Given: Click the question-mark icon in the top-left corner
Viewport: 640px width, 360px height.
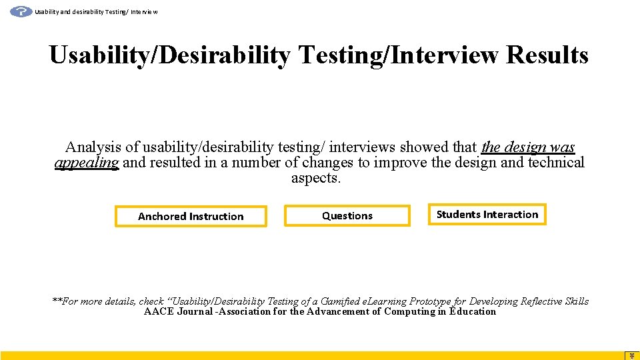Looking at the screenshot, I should click(21, 11).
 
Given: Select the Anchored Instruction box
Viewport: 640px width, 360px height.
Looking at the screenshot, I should click(191, 217).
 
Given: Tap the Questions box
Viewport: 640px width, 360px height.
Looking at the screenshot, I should click(347, 216).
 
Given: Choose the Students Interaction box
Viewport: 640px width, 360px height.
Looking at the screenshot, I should click(487, 215).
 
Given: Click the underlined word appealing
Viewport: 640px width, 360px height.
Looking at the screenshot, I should click(86, 163).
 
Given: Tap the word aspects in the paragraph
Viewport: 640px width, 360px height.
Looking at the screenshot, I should click(315, 179).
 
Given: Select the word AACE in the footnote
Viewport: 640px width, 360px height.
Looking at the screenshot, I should click(159, 311).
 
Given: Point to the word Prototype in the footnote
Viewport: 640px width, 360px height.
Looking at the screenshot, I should click(431, 301).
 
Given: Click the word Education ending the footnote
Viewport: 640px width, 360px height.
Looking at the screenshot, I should click(473, 311).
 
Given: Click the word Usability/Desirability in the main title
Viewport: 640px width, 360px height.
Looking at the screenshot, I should click(169, 55).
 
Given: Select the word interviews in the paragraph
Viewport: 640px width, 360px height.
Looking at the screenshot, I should click(363, 147).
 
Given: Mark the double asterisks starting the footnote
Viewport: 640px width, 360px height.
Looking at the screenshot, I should click(57, 301).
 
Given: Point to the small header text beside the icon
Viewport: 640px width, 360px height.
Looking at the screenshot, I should click(96, 12).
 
